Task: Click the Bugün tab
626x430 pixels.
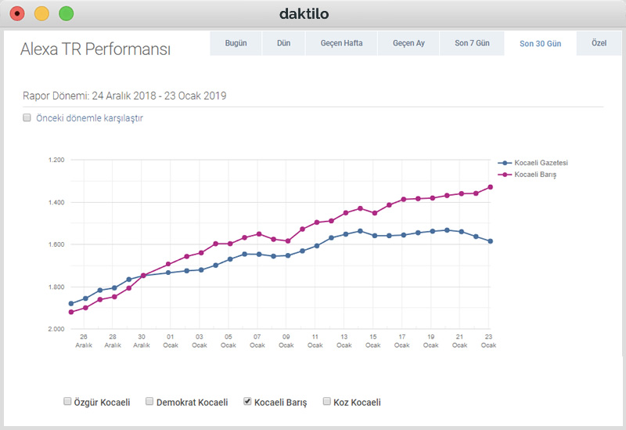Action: [236, 43]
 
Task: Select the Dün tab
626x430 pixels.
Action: [283, 43]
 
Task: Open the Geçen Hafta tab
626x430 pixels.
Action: [341, 43]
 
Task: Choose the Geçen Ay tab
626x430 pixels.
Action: [408, 43]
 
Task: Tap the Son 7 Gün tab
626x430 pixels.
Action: [472, 43]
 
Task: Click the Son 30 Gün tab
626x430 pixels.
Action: [540, 43]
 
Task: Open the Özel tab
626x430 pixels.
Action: [600, 43]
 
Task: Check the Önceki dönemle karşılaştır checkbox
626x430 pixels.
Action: [27, 118]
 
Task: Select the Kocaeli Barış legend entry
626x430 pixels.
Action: [534, 175]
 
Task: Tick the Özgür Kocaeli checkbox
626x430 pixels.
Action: [67, 402]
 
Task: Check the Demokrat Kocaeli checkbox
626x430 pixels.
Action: [150, 402]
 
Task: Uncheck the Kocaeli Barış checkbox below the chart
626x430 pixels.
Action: [248, 402]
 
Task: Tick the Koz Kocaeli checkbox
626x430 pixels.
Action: [327, 402]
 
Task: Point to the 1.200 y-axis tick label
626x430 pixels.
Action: [57, 160]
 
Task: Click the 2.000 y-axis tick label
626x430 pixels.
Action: [57, 329]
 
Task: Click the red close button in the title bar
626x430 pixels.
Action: [17, 13]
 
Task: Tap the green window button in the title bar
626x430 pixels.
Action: [67, 13]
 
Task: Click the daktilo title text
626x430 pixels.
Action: [304, 13]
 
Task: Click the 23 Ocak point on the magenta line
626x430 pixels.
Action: [490, 187]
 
